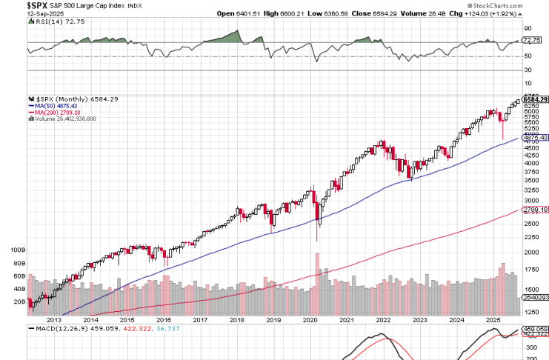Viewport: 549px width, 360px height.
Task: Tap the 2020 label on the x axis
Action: [311, 320]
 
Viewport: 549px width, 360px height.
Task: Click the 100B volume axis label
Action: [17, 250]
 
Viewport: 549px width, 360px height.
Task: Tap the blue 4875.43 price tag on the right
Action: [535, 138]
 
